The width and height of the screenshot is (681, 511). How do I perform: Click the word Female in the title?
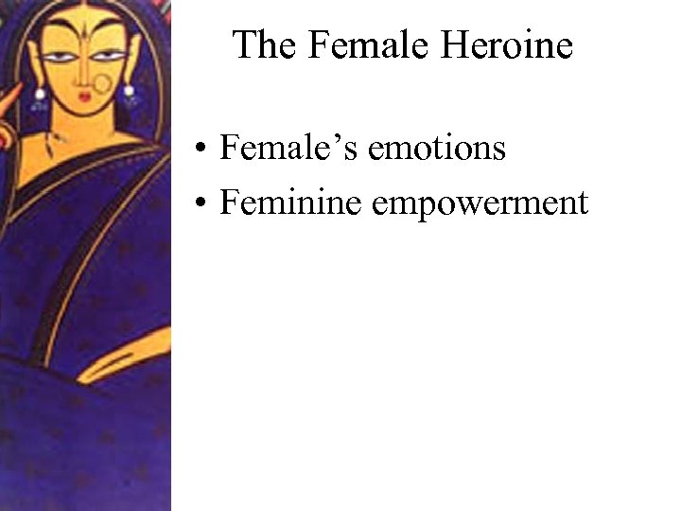coord(381,44)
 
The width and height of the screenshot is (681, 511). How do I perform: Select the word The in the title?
coord(264,44)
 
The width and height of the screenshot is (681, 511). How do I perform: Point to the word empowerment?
coord(480,203)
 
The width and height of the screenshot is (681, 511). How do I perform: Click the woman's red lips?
coord(84,95)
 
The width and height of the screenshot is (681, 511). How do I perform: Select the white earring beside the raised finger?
coord(41,94)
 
